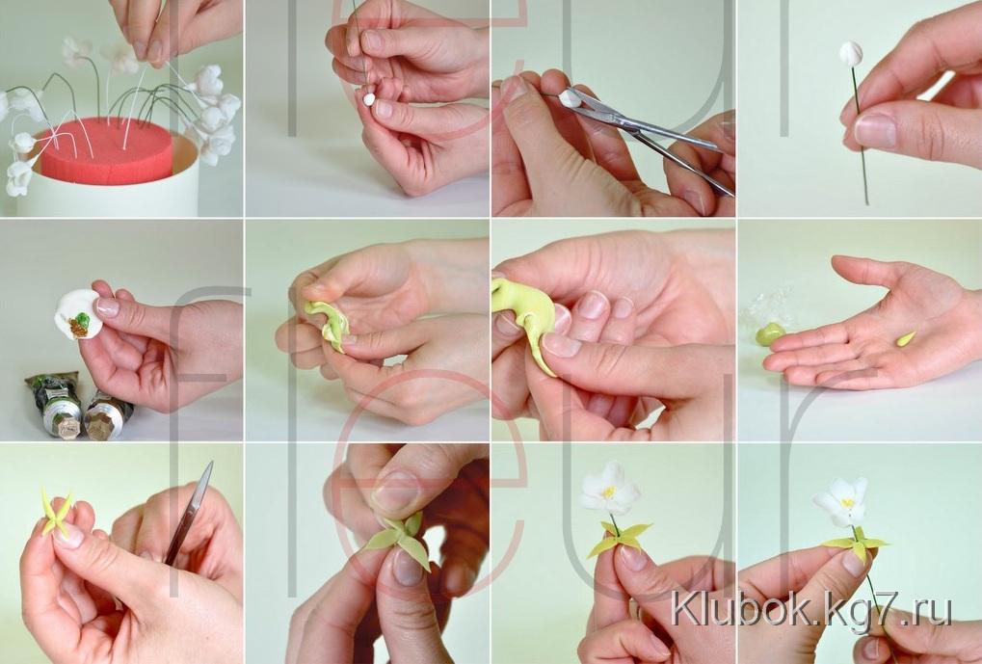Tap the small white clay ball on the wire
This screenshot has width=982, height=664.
pyautogui.click(x=369, y=99)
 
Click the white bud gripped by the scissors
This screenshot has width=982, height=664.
pyautogui.click(x=571, y=97)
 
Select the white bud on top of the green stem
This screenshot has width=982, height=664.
pyautogui.click(x=851, y=54)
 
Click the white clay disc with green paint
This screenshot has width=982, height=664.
pyautogui.click(x=78, y=314)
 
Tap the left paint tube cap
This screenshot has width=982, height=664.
pyautogui.click(x=67, y=426)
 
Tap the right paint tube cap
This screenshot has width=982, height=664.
pyautogui.click(x=99, y=425)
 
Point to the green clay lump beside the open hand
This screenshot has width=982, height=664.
pyautogui.click(x=770, y=333)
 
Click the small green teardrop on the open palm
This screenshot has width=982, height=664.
pyautogui.click(x=906, y=339)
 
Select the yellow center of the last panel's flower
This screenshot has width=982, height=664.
pyautogui.click(x=847, y=502)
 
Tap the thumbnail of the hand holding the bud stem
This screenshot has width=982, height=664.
pyautogui.click(x=876, y=130)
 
